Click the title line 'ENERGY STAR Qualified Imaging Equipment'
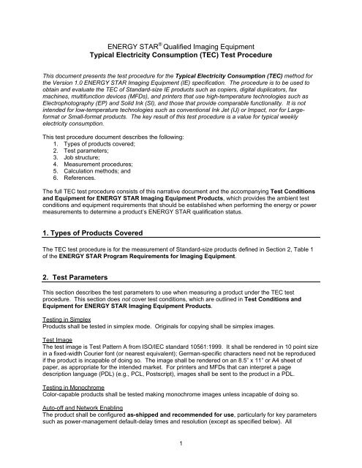coord(181,45)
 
